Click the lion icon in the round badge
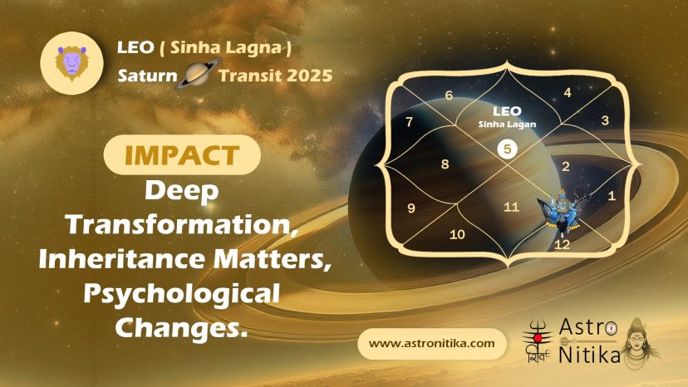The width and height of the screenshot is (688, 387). click(x=71, y=63)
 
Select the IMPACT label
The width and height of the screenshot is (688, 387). click(x=182, y=155)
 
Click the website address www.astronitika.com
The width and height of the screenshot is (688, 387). click(x=432, y=344)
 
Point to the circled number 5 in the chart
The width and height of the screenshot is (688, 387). click(x=507, y=149)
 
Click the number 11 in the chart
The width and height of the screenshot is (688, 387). click(x=511, y=207)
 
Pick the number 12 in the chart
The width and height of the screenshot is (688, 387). click(x=562, y=244)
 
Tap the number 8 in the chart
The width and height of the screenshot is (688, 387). click(x=445, y=164)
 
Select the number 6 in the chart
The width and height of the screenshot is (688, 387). click(x=449, y=96)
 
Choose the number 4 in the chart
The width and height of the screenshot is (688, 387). click(x=568, y=92)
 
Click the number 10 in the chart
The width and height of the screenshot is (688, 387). click(x=457, y=235)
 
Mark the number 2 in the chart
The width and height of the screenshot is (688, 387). click(x=566, y=166)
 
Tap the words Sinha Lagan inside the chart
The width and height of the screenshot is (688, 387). click(x=507, y=125)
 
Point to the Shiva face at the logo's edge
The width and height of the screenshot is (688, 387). click(x=639, y=343)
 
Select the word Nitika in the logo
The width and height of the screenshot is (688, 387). click(x=589, y=355)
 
